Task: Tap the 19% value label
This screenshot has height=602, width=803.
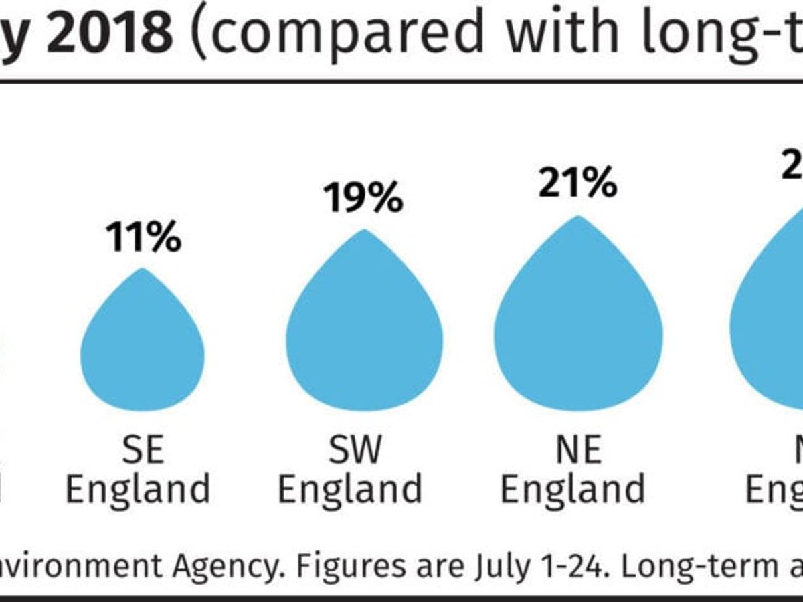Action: point(363,199)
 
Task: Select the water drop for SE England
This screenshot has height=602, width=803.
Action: point(143,348)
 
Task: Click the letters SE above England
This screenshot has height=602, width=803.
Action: point(143,450)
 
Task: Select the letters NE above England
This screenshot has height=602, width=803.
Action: point(578,450)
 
